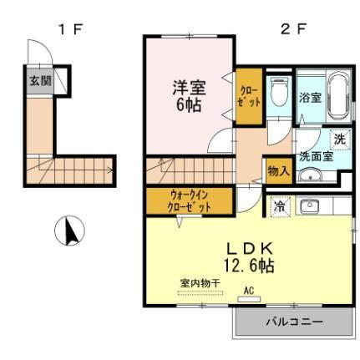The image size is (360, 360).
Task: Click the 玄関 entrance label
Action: pyautogui.click(x=40, y=81)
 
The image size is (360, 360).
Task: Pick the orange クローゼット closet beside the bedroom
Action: pyautogui.click(x=249, y=96)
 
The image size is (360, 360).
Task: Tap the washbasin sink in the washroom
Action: pyautogui.click(x=311, y=175)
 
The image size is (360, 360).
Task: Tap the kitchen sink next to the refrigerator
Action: pyautogui.click(x=309, y=205)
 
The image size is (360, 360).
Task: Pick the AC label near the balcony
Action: pyautogui.click(x=249, y=292)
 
